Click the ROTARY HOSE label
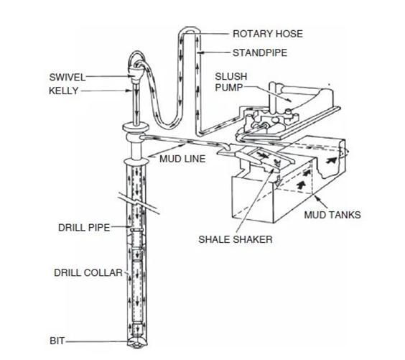(x=268, y=34)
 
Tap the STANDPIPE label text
(x=260, y=52)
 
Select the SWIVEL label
(x=67, y=78)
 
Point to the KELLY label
(x=63, y=91)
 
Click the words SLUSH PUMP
(x=231, y=82)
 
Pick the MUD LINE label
(x=182, y=159)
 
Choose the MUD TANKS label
(x=332, y=215)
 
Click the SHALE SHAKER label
(x=236, y=239)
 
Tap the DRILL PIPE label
(x=84, y=228)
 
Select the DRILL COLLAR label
(x=88, y=273)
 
